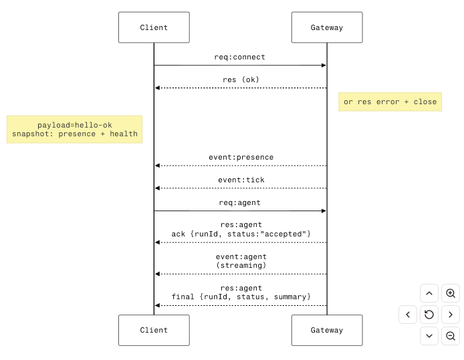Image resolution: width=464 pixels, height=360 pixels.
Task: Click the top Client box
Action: tap(154, 27)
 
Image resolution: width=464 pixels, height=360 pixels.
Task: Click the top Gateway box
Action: tap(327, 27)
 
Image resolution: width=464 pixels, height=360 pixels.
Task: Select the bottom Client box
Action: tap(154, 330)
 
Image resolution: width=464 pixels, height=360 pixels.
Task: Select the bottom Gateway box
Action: tap(327, 330)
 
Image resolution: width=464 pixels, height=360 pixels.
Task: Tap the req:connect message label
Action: tap(240, 57)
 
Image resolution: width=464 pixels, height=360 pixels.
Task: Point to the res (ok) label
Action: tap(241, 79)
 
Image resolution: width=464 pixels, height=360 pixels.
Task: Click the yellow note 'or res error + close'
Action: tap(390, 102)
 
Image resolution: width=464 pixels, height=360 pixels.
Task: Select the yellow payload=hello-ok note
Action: tap(75, 130)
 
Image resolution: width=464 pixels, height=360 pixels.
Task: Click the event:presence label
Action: tap(241, 157)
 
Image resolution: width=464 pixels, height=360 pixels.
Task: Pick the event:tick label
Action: tap(241, 180)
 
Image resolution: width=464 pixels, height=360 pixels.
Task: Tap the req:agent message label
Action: tap(240, 202)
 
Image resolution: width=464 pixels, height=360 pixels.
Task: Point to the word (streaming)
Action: tap(241, 265)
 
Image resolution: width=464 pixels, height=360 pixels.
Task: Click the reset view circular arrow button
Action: tap(429, 315)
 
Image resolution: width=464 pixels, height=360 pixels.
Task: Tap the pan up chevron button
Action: tap(429, 293)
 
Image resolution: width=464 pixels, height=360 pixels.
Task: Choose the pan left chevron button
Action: tap(408, 315)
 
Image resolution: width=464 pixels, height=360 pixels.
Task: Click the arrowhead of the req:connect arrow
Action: tap(324, 65)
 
